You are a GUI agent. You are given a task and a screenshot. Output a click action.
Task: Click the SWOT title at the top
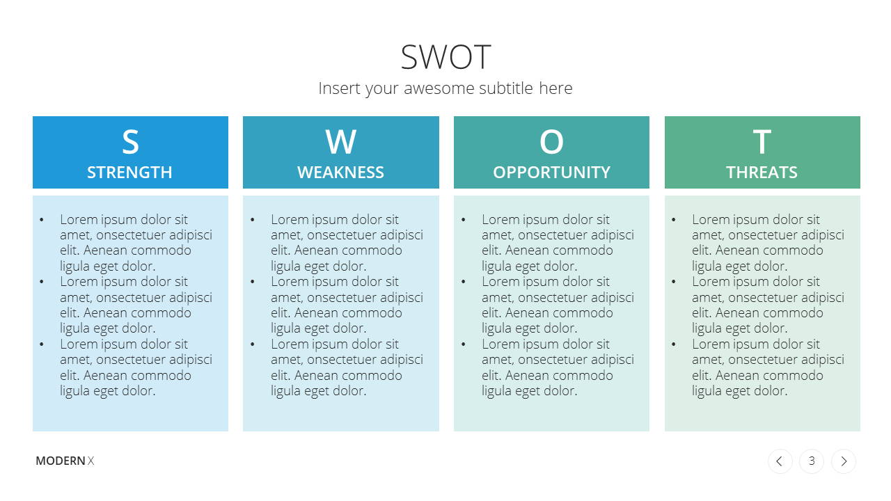tap(445, 57)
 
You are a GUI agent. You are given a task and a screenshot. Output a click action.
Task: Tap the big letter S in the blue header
tap(130, 142)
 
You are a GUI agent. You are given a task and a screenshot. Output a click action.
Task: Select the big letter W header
tap(341, 142)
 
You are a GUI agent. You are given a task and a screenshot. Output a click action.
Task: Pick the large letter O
tap(551, 142)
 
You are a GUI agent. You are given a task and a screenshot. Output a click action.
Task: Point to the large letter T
tap(762, 142)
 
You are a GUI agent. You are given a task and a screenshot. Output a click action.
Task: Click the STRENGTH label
tap(129, 173)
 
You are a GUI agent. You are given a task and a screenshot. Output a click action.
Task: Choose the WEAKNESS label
tap(340, 173)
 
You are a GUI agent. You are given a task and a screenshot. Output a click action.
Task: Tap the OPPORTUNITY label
tap(551, 173)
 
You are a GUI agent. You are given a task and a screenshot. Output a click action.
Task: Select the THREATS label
tap(762, 173)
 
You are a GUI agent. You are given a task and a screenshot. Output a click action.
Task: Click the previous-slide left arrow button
tap(780, 461)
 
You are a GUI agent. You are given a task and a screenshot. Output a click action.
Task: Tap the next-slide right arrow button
tap(844, 461)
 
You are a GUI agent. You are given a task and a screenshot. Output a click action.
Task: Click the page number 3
tap(812, 461)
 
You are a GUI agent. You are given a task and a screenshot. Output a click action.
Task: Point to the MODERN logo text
tap(61, 461)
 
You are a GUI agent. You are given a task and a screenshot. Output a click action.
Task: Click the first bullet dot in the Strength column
tap(42, 219)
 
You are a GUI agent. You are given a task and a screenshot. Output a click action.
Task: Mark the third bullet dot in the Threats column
tap(673, 344)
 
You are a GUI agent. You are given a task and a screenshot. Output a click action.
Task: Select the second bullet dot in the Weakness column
tap(253, 282)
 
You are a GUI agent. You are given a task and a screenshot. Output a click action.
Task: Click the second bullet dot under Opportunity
tap(464, 282)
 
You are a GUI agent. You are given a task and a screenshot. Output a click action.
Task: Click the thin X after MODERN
tap(90, 461)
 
